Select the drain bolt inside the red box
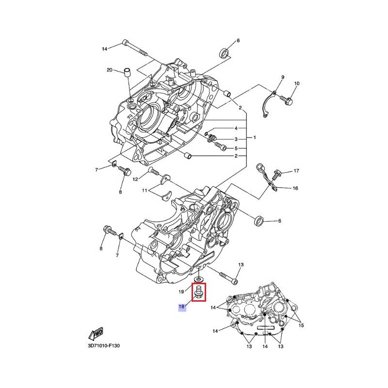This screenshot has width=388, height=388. pyautogui.click(x=199, y=292)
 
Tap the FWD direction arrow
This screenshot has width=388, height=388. pyautogui.click(x=96, y=334)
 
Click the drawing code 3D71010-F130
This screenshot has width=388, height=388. pyautogui.click(x=104, y=346)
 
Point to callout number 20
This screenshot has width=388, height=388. pyautogui.click(x=110, y=70)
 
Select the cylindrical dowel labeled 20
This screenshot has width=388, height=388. pyautogui.click(x=127, y=72)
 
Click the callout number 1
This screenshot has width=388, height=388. pyautogui.click(x=255, y=138)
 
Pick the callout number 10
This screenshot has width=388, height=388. pyautogui.click(x=297, y=83)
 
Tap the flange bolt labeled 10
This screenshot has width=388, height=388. pyautogui.click(x=287, y=100)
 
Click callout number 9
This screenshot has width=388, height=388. pyautogui.click(x=283, y=77)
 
